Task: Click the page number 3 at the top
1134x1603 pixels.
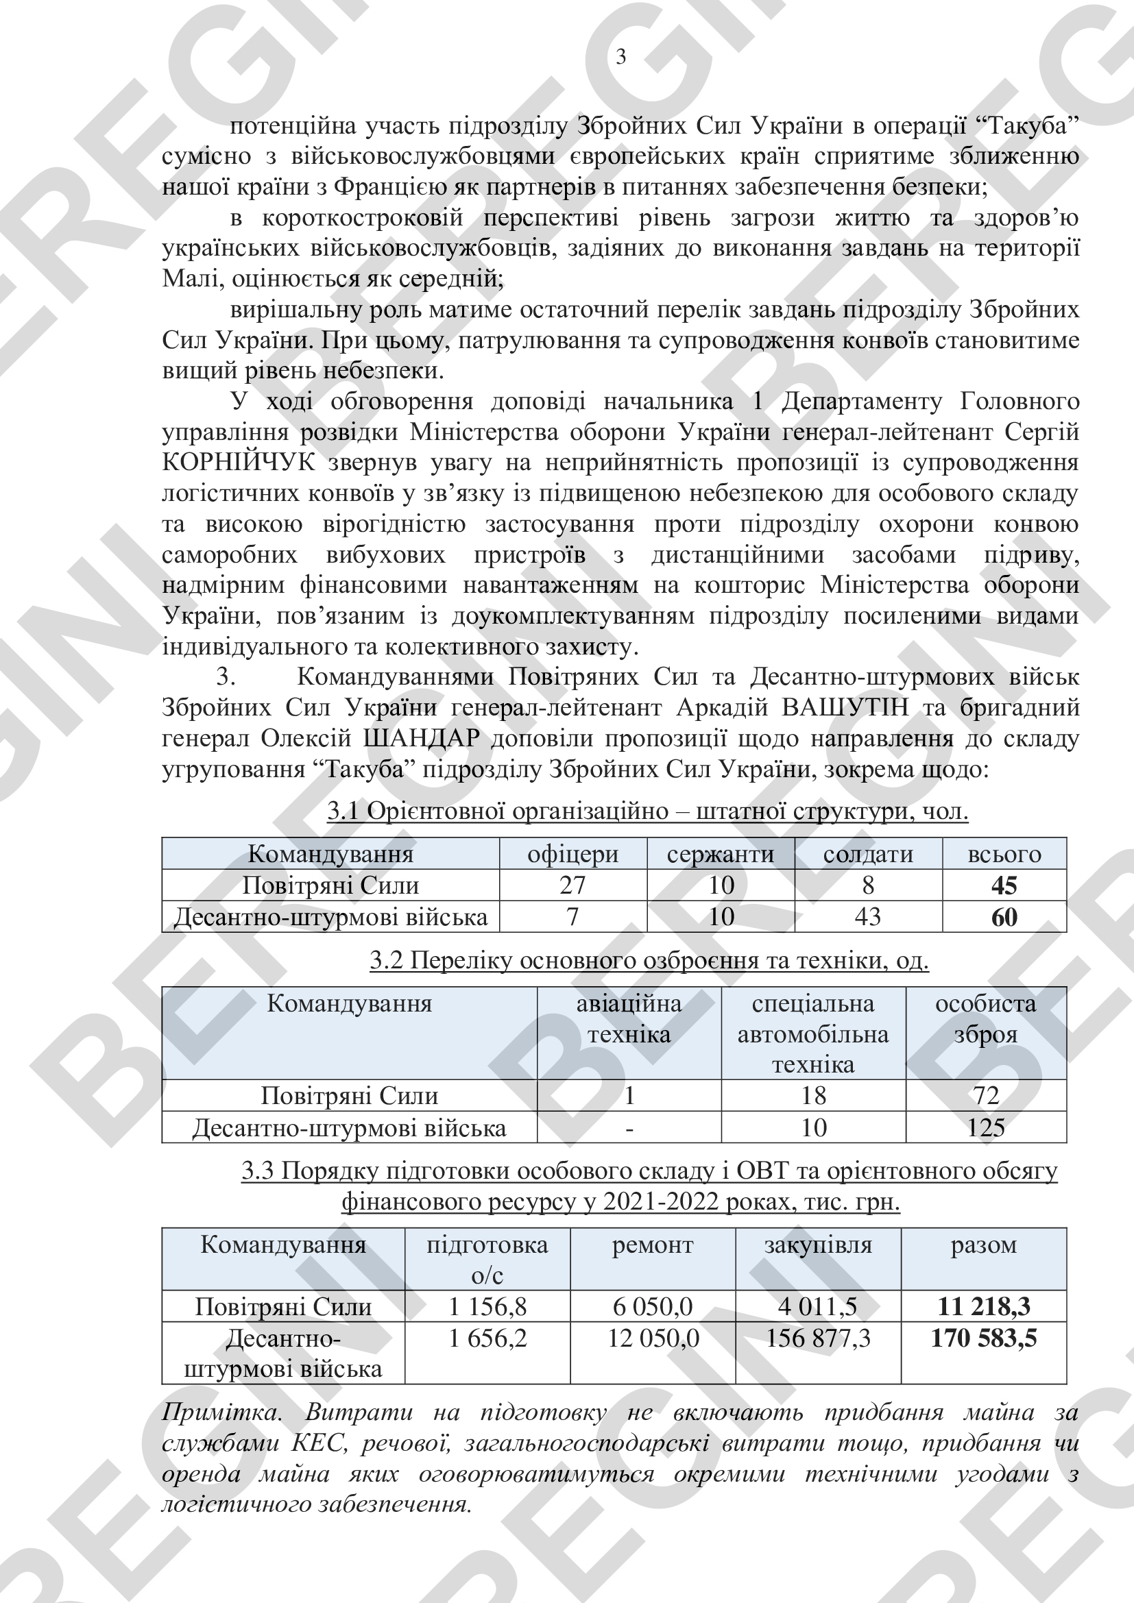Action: (620, 57)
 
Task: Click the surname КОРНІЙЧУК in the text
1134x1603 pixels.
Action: (239, 463)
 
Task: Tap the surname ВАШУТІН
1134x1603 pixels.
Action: (845, 708)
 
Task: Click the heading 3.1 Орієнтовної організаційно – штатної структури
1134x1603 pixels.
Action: (647, 811)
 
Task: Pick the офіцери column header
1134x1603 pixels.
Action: (572, 854)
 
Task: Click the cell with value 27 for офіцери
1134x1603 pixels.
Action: (572, 885)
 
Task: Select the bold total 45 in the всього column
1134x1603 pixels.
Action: (1004, 885)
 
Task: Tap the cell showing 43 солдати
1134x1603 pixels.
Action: (868, 916)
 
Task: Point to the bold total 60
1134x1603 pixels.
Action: (1004, 917)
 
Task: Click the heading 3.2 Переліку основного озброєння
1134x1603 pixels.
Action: (649, 961)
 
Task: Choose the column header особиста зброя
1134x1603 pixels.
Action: (985, 1018)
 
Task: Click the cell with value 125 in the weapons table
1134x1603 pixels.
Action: (985, 1127)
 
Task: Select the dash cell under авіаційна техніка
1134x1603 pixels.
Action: (629, 1127)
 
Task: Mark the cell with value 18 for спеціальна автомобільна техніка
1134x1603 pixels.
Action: (813, 1096)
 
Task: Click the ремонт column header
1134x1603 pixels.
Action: (652, 1245)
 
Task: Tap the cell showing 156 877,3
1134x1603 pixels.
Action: (818, 1338)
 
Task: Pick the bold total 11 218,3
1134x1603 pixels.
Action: (983, 1306)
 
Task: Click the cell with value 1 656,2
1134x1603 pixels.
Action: (487, 1338)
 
